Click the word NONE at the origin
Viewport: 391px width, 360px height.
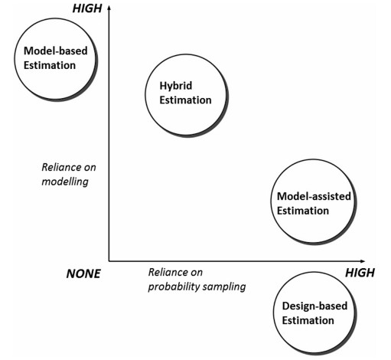pos(83,273)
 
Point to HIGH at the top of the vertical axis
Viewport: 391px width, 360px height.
pos(87,8)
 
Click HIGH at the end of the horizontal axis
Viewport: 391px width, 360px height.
pos(360,273)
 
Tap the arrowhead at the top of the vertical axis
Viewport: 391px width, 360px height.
pos(109,8)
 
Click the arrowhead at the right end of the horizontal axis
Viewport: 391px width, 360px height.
pos(363,261)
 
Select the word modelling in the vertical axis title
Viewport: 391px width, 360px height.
pos(65,182)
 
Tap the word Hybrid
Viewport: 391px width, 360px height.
pos(176,86)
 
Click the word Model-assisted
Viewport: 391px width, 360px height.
pos(314,196)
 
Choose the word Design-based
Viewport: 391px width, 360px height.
pos(314,306)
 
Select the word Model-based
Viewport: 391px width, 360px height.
pos(56,51)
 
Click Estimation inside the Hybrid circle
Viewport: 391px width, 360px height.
pos(185,100)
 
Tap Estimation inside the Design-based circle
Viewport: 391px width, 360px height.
pos(308,320)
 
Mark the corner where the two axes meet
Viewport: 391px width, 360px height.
pos(109,261)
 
